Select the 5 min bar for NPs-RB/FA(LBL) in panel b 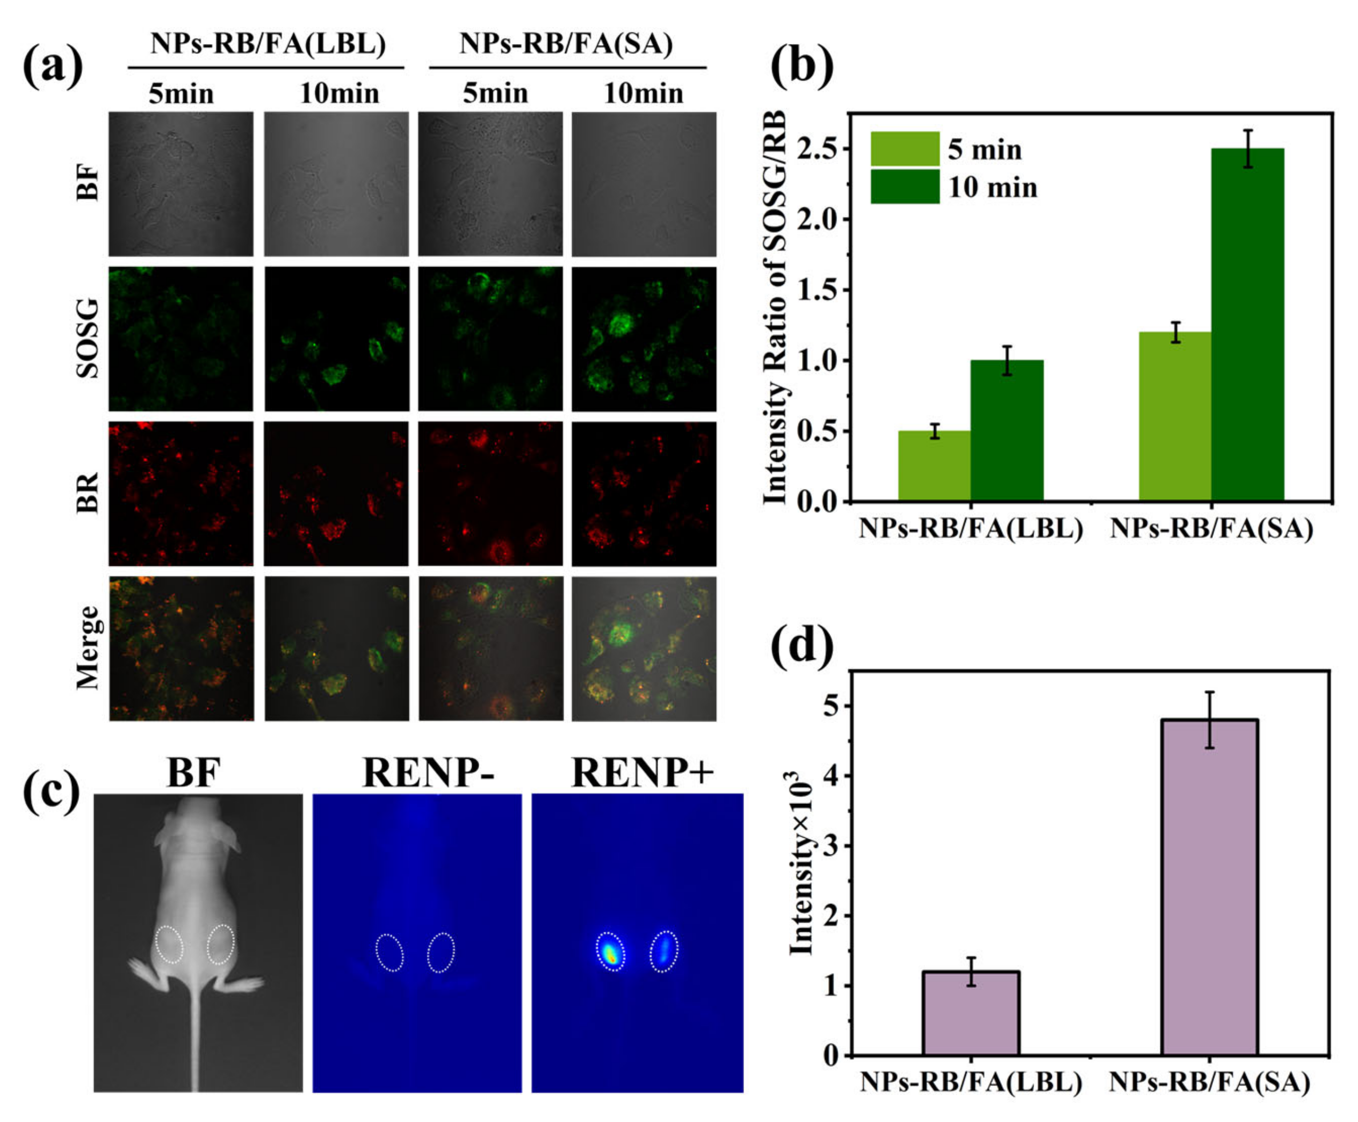[x=934, y=465]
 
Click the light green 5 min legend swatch [x=905, y=149]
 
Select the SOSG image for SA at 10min [x=644, y=339]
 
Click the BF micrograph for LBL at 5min [x=181, y=184]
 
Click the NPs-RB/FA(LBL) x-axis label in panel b [x=970, y=529]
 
